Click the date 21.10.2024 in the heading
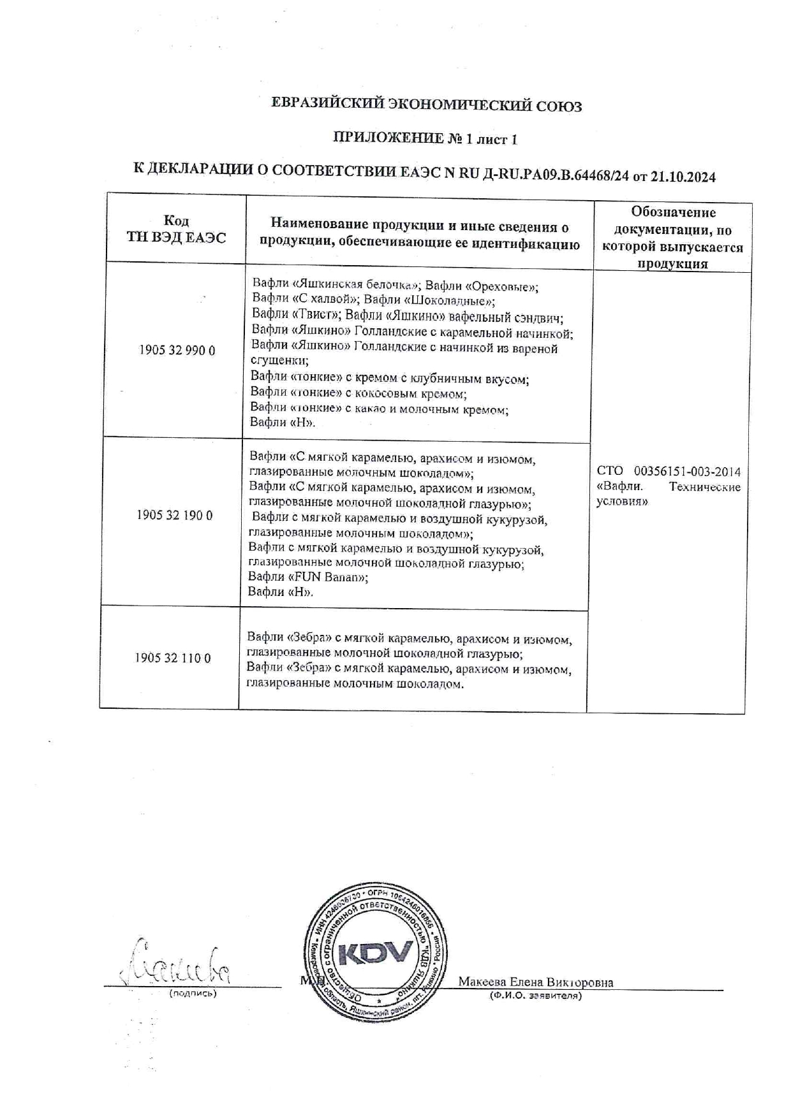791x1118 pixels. point(683,177)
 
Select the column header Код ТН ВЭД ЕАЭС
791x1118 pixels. point(176,229)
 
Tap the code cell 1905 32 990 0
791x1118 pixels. point(177,350)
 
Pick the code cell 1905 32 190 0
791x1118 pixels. point(174,515)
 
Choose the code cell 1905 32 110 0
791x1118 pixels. point(172,658)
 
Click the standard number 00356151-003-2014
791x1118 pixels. point(687,472)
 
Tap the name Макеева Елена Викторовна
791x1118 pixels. point(536,982)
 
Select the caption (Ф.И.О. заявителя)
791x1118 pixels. point(536,995)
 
